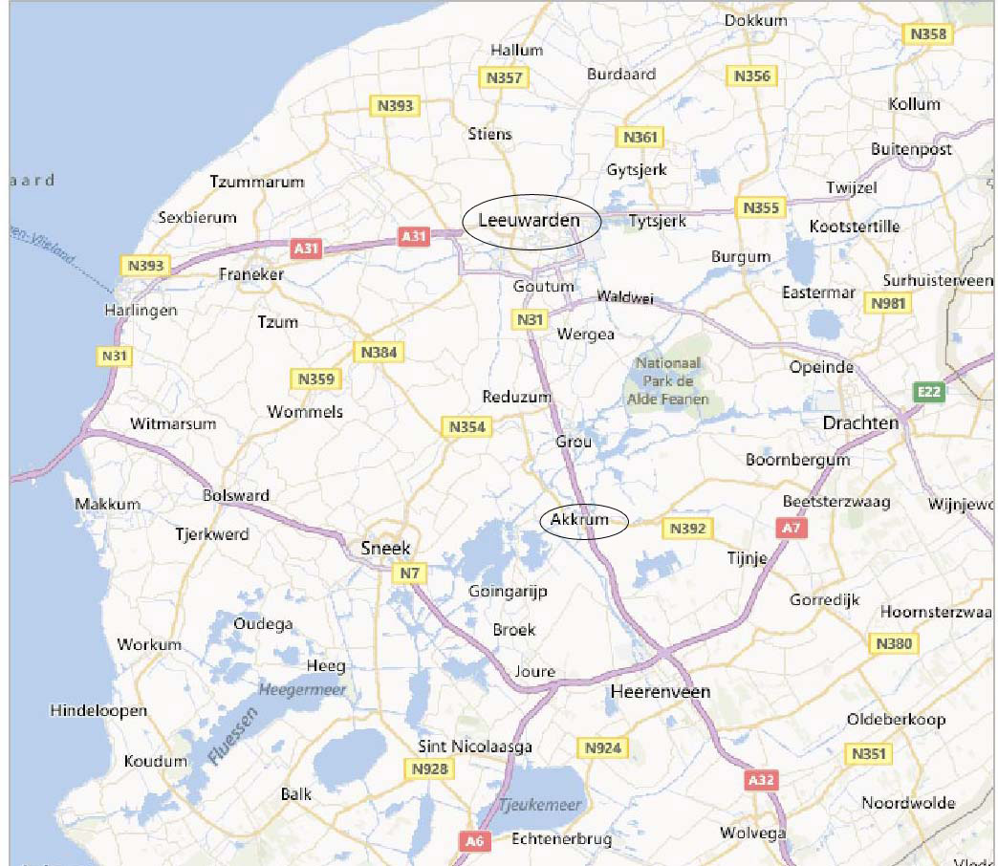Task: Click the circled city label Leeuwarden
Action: click(x=530, y=221)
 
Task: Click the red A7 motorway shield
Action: click(x=789, y=528)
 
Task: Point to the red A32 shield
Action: click(x=761, y=780)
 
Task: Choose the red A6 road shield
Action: click(x=473, y=841)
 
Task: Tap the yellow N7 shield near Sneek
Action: click(x=409, y=573)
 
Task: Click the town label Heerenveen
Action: click(x=661, y=691)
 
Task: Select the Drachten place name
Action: click(x=861, y=422)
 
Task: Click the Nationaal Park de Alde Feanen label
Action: click(x=668, y=380)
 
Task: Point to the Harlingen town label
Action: click(x=141, y=311)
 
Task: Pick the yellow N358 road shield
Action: click(x=928, y=34)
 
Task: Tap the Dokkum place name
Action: click(x=755, y=20)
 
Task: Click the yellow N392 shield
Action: click(x=687, y=528)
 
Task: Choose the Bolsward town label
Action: click(x=236, y=495)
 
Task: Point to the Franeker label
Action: click(x=251, y=274)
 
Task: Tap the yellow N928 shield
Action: click(x=430, y=769)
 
